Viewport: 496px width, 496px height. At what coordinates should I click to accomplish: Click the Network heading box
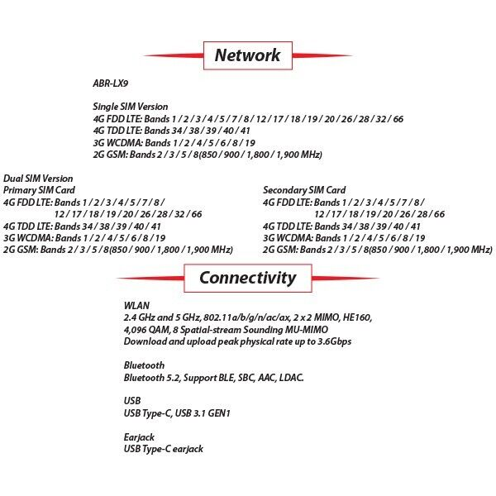(x=247, y=56)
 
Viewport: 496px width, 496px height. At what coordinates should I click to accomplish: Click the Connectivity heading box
(x=247, y=278)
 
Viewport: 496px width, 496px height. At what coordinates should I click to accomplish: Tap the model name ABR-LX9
(x=110, y=83)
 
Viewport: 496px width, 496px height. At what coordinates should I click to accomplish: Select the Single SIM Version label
(x=131, y=107)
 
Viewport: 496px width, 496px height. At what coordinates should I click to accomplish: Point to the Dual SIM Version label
(x=38, y=179)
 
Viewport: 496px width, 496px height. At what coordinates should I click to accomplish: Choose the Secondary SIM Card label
(x=304, y=190)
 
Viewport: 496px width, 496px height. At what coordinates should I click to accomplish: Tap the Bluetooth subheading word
(x=144, y=365)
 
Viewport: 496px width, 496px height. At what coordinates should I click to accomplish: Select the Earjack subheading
(x=139, y=436)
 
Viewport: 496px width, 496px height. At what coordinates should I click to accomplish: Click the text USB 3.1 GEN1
(x=202, y=413)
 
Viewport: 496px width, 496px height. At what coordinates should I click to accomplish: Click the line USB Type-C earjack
(x=163, y=449)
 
